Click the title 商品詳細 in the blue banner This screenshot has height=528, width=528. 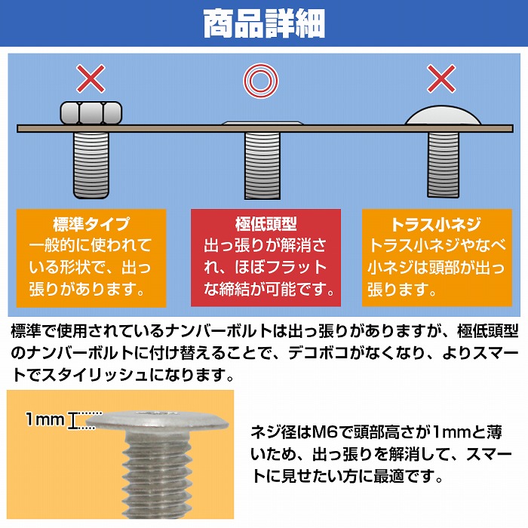tap(264, 23)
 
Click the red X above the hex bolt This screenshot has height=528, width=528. tap(91, 78)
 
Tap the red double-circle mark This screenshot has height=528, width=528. tap(261, 81)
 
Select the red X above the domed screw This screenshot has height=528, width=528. tap(441, 78)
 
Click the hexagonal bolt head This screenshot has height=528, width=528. tap(91, 113)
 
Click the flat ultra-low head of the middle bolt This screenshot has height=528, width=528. tap(262, 123)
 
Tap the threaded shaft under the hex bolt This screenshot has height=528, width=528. tap(91, 165)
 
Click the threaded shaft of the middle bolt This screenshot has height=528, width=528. tap(262, 165)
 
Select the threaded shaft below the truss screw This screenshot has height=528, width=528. tap(444, 165)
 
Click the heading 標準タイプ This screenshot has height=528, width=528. tap(91, 224)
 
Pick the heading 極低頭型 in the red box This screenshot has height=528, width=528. tap(266, 224)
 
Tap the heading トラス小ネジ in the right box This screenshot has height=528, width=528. tap(437, 224)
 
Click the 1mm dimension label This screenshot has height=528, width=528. tap(45, 419)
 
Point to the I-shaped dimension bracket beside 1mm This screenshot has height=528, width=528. tap(72, 420)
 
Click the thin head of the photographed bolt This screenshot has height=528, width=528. tap(157, 422)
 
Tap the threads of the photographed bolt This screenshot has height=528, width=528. tap(157, 475)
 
